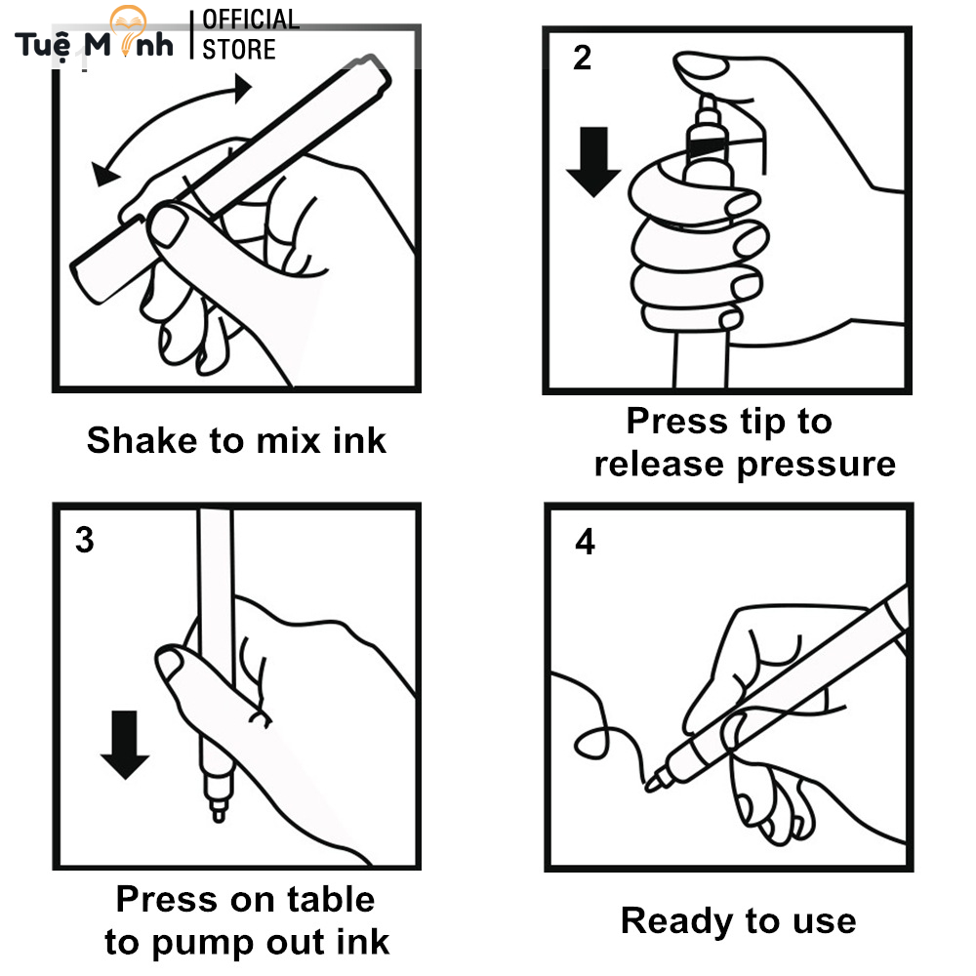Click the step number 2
pos(582,59)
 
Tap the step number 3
pos(85,539)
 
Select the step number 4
pos(585,543)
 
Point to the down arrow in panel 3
pos(124,744)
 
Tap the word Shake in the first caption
pos(142,440)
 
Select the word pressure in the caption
pos(816,464)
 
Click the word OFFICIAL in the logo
pos(250,20)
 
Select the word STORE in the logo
pos(239,49)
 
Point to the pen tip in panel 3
pos(216,811)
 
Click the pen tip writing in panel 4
pos(651,782)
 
